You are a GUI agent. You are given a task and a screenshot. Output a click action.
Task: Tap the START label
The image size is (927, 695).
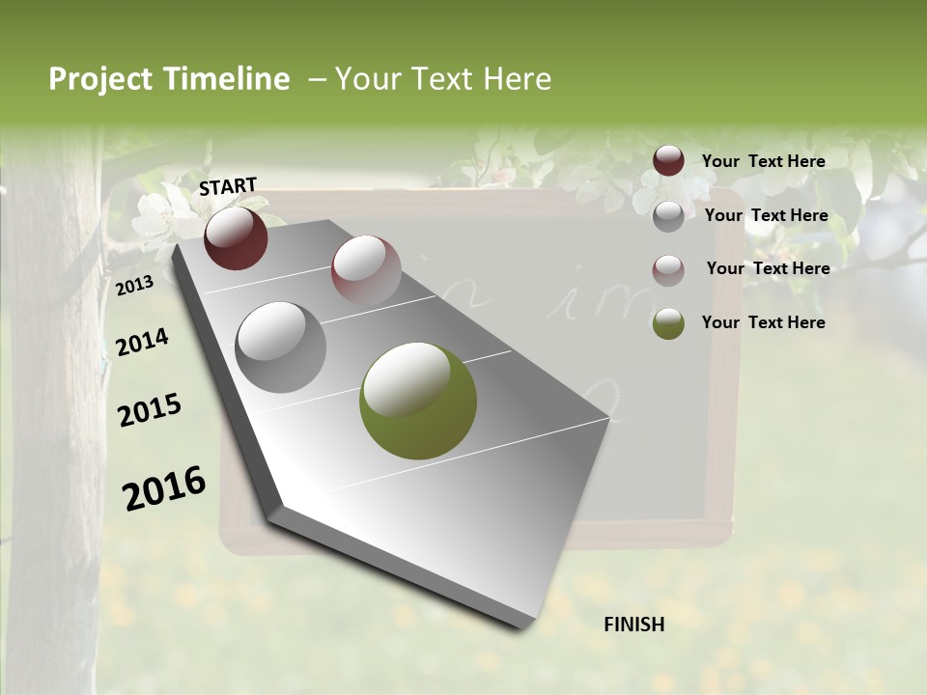(x=228, y=186)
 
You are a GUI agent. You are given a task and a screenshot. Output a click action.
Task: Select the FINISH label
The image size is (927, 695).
(x=634, y=625)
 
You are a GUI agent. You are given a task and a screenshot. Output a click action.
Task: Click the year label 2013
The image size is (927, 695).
(x=134, y=286)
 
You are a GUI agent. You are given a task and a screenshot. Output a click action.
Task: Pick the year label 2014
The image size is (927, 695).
(x=142, y=342)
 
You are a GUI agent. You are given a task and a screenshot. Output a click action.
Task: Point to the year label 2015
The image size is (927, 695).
(x=150, y=410)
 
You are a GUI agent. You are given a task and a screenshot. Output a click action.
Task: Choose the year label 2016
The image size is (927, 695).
(x=164, y=487)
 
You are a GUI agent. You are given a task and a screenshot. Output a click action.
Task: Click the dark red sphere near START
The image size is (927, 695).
(x=236, y=238)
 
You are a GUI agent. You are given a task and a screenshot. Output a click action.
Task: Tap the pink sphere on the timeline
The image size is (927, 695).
(x=366, y=269)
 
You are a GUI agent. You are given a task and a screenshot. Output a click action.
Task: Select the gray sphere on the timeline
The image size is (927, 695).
(x=281, y=347)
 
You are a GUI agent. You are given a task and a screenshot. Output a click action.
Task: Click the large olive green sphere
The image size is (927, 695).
(x=418, y=400)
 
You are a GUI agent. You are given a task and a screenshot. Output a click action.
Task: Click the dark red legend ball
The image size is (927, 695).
(x=668, y=161)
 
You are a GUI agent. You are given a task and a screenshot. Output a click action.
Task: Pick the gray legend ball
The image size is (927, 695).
(x=668, y=216)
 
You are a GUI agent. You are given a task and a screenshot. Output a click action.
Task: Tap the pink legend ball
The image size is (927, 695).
(x=668, y=270)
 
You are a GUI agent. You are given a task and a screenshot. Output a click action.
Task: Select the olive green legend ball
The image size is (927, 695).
(x=668, y=324)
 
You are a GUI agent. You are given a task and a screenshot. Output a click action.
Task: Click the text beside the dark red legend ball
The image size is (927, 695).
(x=764, y=161)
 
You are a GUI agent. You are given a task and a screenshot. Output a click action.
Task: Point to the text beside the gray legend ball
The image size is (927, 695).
(x=767, y=215)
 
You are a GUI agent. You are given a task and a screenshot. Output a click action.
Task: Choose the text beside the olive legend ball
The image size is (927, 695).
(x=764, y=322)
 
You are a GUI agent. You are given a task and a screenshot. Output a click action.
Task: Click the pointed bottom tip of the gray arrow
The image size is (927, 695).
(x=521, y=625)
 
